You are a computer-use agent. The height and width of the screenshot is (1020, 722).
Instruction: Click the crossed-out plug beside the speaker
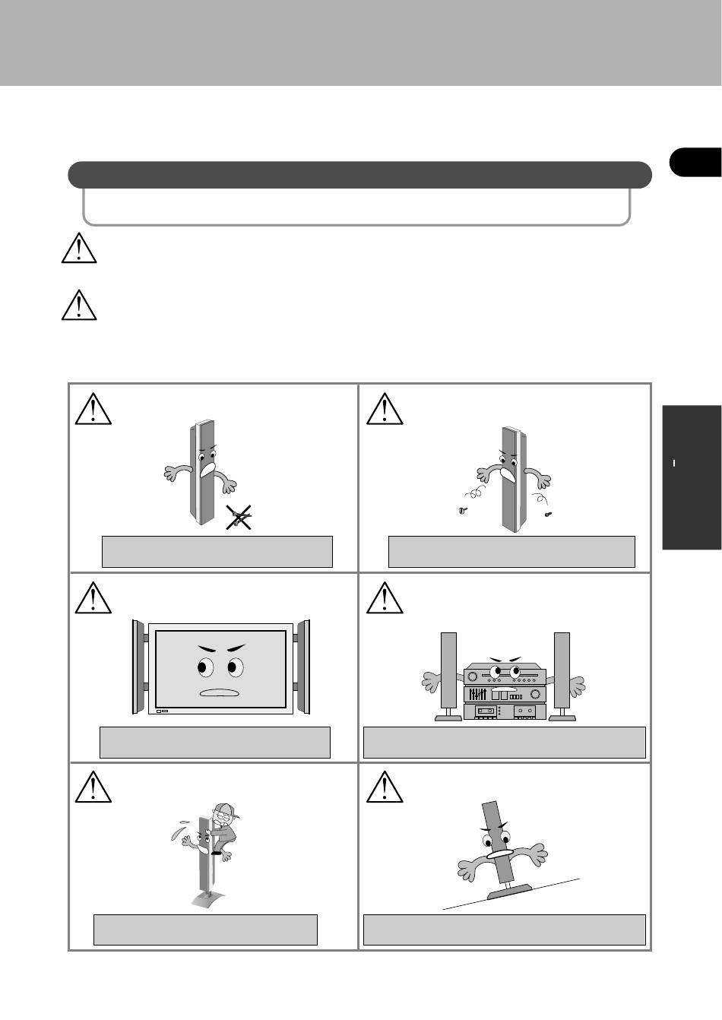click(240, 518)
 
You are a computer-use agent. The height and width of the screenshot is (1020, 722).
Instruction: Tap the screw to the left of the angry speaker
click(463, 510)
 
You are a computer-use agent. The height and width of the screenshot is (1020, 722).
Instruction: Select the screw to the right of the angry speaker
click(549, 515)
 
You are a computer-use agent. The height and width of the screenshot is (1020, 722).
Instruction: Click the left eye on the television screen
click(203, 667)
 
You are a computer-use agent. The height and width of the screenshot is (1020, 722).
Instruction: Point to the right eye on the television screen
click(233, 668)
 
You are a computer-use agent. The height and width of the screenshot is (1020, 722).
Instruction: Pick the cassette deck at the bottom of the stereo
click(505, 712)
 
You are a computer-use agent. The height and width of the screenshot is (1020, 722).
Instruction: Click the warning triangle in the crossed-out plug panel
click(93, 409)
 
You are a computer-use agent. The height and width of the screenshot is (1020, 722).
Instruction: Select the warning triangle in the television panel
click(93, 597)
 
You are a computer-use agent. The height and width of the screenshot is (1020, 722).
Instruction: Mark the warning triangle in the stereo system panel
click(385, 597)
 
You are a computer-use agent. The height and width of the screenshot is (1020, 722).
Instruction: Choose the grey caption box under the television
click(215, 742)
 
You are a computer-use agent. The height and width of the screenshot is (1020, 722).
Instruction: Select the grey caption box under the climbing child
click(205, 930)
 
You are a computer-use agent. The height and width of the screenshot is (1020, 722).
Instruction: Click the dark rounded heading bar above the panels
click(359, 175)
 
